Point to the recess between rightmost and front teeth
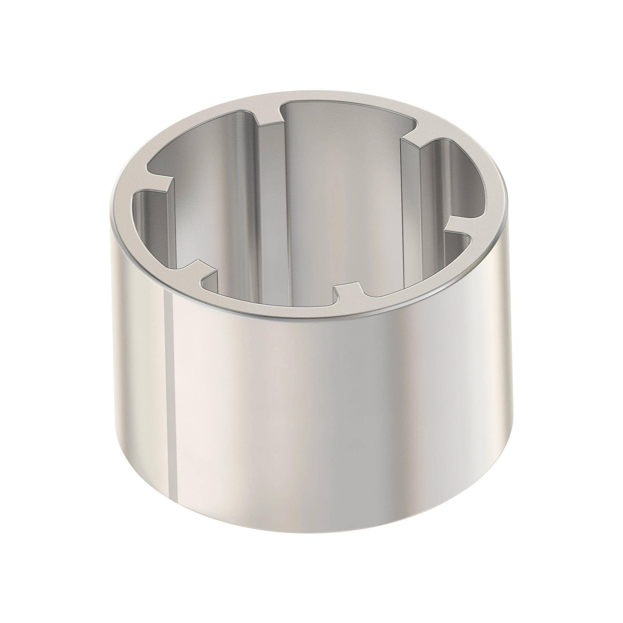419,274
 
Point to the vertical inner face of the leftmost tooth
171,226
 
